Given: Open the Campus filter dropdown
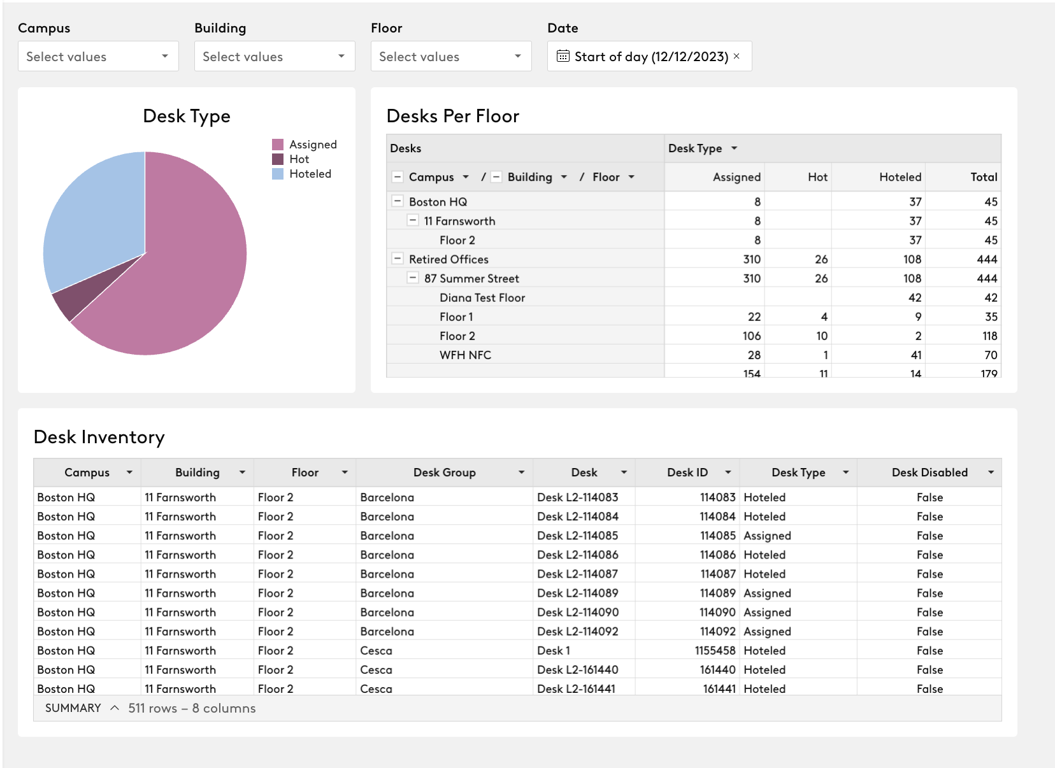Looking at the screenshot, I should pos(98,56).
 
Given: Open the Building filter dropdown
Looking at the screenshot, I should pos(275,56).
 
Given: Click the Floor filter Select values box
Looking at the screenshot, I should pos(451,56).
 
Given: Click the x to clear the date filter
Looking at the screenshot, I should pos(736,56).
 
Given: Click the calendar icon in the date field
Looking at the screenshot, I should pos(563,56).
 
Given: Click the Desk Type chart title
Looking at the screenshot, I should pos(187,116).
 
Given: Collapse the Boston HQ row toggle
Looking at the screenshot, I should pos(398,201).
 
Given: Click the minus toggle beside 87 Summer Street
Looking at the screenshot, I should pos(413,278).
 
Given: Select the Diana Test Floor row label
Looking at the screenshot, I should pos(482,297).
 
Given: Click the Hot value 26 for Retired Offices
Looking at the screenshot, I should pos(821,259).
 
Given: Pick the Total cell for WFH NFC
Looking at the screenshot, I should pos(991,355).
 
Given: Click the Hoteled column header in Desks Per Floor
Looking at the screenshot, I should pos(900,177).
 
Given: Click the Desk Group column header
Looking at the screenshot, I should pos(444,473).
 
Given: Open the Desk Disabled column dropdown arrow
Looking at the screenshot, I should pos(991,473).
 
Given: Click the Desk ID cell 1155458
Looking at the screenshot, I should pos(715,650).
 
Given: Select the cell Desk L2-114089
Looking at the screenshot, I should pos(577,593).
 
